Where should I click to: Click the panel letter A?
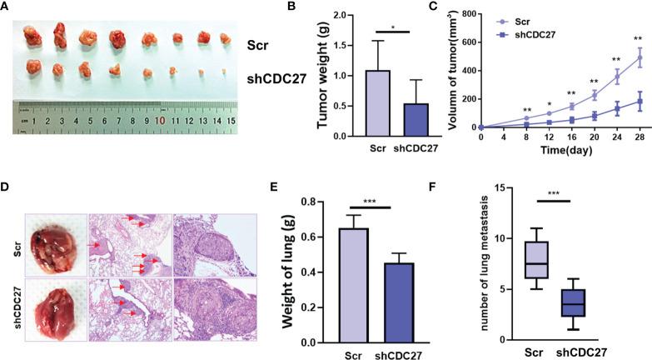pyautogui.click(x=7, y=8)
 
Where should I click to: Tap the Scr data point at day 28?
pyautogui.click(x=640, y=58)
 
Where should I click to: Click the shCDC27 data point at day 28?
pyautogui.click(x=640, y=102)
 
